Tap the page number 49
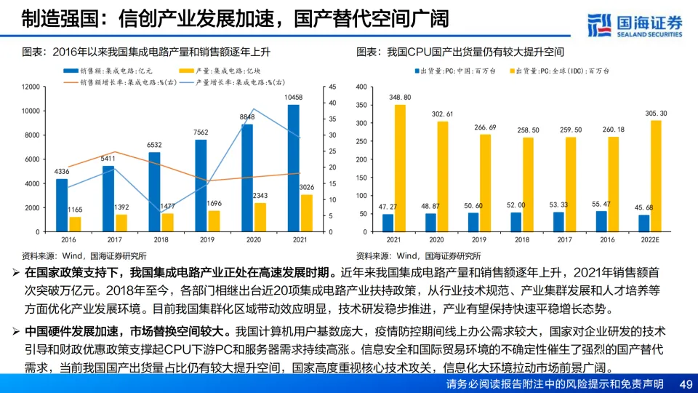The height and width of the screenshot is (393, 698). click(x=684, y=384)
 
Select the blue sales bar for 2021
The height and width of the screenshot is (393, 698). click(x=293, y=168)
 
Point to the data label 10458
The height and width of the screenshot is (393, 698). click(x=293, y=97)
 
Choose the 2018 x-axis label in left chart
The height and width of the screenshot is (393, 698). click(x=161, y=239)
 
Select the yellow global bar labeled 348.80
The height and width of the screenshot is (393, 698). click(x=400, y=168)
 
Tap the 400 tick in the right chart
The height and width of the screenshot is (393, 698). click(x=363, y=87)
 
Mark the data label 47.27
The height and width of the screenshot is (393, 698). click(x=388, y=207)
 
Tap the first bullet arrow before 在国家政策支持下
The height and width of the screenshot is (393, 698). click(x=16, y=273)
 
